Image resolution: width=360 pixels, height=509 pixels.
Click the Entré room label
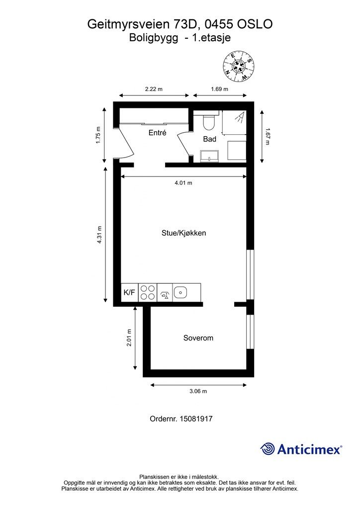[158, 132]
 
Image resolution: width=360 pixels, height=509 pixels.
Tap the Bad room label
[210, 139]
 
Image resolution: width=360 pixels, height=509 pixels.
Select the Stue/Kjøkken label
[184, 233]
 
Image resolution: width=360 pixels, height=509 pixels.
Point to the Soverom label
[198, 338]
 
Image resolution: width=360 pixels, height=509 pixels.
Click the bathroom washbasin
[210, 156]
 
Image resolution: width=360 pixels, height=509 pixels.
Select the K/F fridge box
[129, 292]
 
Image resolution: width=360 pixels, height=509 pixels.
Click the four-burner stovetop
[148, 292]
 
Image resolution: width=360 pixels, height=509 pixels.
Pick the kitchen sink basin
[180, 292]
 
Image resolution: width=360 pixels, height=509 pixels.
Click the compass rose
[239, 66]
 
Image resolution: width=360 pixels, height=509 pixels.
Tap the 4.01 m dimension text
[183, 183]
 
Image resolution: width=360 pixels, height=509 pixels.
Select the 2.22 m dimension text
[154, 89]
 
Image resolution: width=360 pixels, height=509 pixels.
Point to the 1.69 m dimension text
[219, 89]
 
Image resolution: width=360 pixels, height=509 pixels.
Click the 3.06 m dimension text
[198, 391]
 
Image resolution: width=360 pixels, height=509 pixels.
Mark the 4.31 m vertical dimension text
[99, 235]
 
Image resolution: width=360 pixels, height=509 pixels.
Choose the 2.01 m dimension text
[129, 338]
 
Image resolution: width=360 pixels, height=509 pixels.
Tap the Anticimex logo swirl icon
[268, 449]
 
